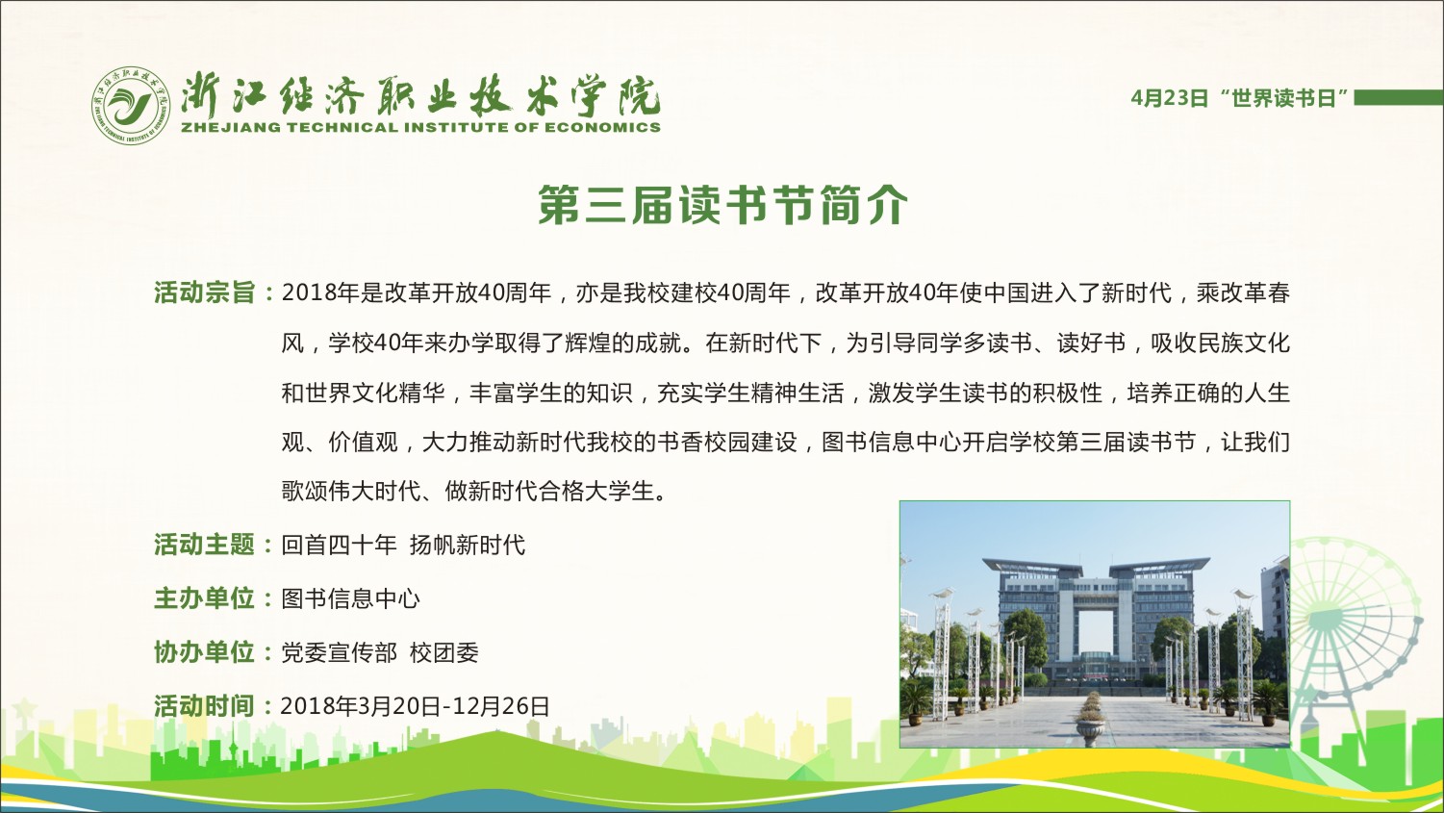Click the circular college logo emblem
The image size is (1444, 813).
click(x=131, y=105)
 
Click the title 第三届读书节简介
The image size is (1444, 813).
click(x=722, y=205)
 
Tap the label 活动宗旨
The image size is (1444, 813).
click(x=204, y=292)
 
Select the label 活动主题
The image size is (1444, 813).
click(x=204, y=545)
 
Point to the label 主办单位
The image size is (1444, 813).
click(x=204, y=598)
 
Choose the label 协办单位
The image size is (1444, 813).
click(x=204, y=652)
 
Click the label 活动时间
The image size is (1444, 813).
click(x=204, y=706)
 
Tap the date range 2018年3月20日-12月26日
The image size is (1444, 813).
click(x=416, y=706)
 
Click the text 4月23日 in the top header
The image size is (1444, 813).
click(x=1170, y=98)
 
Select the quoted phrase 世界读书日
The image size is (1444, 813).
click(x=1282, y=98)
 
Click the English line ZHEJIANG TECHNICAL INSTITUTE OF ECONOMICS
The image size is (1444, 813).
click(x=421, y=127)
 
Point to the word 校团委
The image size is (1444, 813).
click(x=444, y=653)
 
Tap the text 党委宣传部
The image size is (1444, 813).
click(x=339, y=653)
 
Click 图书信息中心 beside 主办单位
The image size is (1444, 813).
click(x=351, y=599)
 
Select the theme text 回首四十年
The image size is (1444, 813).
click(x=339, y=546)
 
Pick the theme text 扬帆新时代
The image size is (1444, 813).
click(x=468, y=546)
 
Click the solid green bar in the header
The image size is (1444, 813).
click(x=1398, y=97)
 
